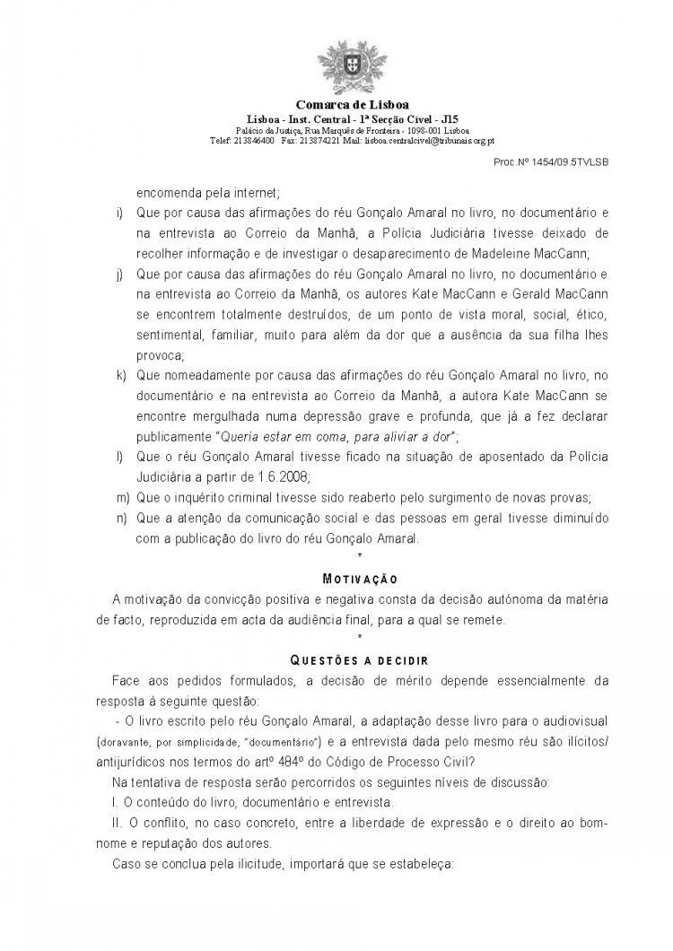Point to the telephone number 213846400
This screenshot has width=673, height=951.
pos(255,140)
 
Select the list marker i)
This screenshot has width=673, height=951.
pos(120,213)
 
